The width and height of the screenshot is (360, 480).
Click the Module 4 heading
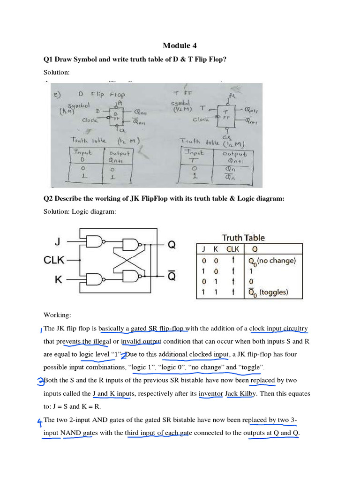[x=180, y=45]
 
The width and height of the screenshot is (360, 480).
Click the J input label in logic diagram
[x=57, y=242]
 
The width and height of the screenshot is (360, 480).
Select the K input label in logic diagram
[x=58, y=280]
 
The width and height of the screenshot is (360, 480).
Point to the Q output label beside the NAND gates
[x=172, y=244]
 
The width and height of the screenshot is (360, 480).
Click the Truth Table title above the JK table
[x=243, y=238]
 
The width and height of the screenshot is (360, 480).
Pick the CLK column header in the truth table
[x=232, y=249]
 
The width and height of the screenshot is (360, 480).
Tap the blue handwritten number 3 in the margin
[x=40, y=381]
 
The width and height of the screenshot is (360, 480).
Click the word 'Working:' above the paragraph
[x=57, y=315]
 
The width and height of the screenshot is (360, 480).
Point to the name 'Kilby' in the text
[x=248, y=394]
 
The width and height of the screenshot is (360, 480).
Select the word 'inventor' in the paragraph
[x=211, y=394]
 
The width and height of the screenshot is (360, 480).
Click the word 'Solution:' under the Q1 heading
[x=56, y=72]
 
